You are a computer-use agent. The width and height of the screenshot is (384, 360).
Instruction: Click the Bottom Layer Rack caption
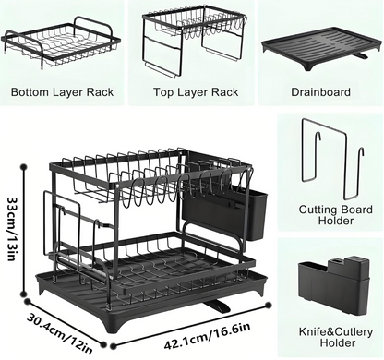click(x=63, y=93)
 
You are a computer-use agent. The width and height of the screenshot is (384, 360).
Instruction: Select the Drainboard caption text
click(x=319, y=93)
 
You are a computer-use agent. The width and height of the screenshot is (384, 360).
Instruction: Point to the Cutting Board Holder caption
click(x=329, y=215)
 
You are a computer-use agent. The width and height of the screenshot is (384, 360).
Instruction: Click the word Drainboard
click(x=319, y=93)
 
